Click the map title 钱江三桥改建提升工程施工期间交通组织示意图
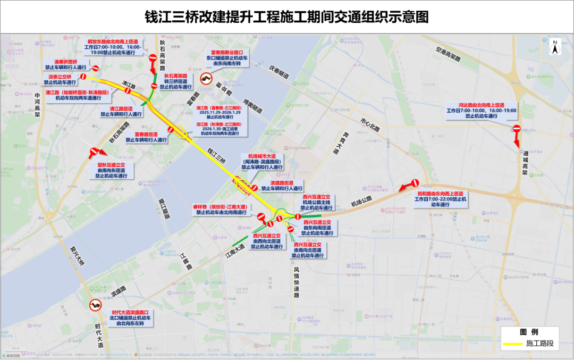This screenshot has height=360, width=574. point(287,17)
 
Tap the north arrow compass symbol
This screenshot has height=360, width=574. point(554,48)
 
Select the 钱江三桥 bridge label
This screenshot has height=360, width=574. point(217,155)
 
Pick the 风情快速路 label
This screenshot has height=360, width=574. point(296,282)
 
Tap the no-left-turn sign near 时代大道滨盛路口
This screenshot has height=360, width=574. point(95,305)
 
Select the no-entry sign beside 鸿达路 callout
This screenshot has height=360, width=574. point(516,129)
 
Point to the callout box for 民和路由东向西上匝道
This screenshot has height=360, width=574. point(441,199)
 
